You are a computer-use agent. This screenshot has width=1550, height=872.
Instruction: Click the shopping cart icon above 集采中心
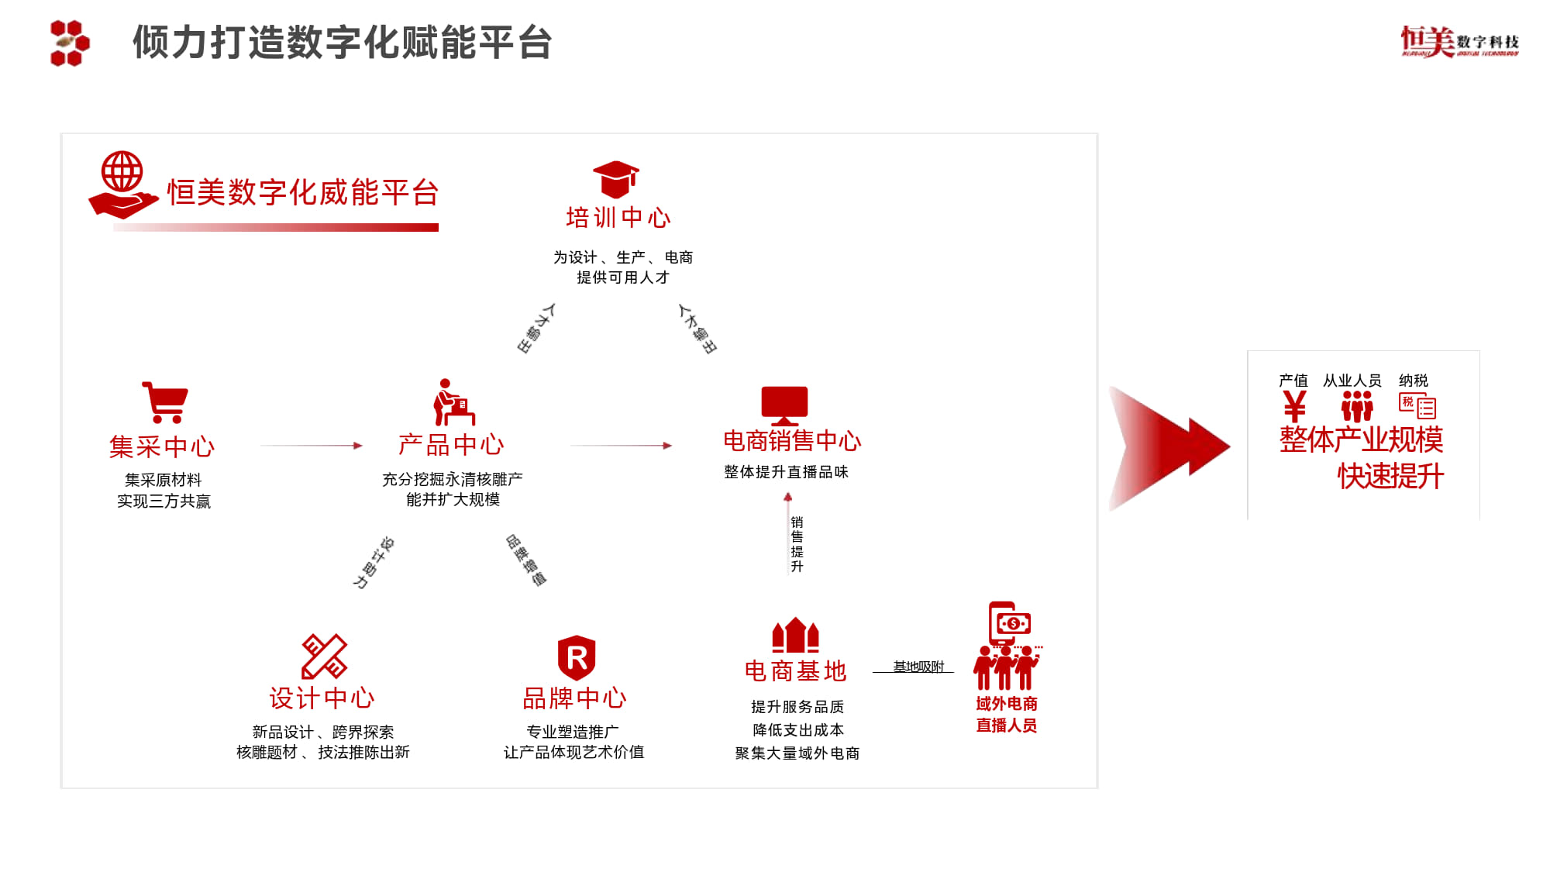(x=165, y=402)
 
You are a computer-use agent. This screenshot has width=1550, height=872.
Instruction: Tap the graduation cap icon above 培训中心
(x=615, y=179)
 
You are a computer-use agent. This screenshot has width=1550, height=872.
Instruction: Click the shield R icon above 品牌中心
(x=577, y=657)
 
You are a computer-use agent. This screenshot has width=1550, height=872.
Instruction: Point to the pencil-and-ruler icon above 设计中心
(x=324, y=656)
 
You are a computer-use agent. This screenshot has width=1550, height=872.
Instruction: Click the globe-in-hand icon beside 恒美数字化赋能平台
(x=122, y=184)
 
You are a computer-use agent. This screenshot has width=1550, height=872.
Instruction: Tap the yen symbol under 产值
(x=1294, y=406)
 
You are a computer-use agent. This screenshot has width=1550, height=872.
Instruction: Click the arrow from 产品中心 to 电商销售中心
(x=621, y=446)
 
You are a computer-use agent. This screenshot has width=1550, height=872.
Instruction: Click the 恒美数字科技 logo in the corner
(x=1459, y=41)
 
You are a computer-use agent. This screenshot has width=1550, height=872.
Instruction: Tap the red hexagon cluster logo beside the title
(x=70, y=43)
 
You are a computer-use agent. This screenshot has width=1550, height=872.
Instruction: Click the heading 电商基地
(x=795, y=670)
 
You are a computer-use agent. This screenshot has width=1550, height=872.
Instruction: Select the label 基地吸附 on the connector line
(x=918, y=667)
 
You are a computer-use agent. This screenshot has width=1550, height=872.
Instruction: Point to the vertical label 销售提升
(x=797, y=544)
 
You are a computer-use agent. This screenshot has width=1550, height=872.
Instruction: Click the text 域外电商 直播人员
(x=1006, y=714)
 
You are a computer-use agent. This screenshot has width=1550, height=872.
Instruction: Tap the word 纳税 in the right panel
(x=1413, y=381)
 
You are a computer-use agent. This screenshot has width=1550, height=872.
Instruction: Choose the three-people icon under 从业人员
(x=1356, y=406)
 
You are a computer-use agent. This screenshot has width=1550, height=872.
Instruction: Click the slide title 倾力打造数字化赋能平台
(x=343, y=43)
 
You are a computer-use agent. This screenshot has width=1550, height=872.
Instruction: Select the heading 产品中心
(x=451, y=445)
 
